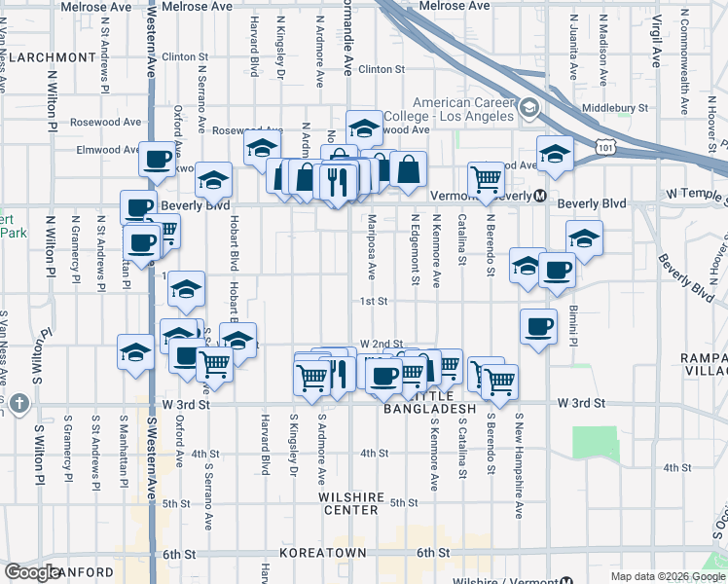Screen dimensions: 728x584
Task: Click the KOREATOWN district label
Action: (322, 553)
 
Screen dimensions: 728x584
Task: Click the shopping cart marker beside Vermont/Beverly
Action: (485, 178)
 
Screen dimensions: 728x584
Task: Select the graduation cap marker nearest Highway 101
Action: (554, 155)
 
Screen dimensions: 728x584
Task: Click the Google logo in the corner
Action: (32, 572)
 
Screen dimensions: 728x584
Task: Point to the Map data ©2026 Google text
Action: (667, 576)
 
